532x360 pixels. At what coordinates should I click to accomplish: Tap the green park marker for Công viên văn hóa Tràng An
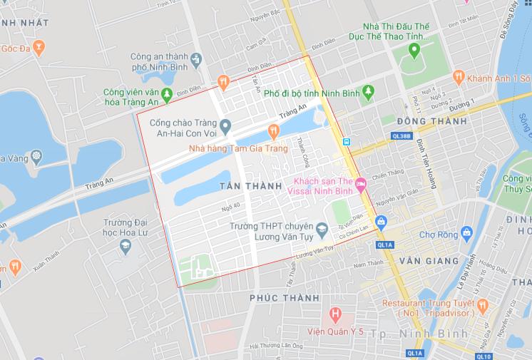coord(166,93)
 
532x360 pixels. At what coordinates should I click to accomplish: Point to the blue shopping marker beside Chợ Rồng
coord(467,232)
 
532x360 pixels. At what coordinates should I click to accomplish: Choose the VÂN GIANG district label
coord(429,261)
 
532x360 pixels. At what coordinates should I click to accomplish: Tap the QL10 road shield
coord(483,355)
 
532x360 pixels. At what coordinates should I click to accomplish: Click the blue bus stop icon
coord(346,141)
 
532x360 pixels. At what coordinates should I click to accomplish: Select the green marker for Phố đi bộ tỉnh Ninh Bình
coord(368,92)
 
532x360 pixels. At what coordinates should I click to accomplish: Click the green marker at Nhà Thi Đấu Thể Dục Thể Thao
coord(414,50)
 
